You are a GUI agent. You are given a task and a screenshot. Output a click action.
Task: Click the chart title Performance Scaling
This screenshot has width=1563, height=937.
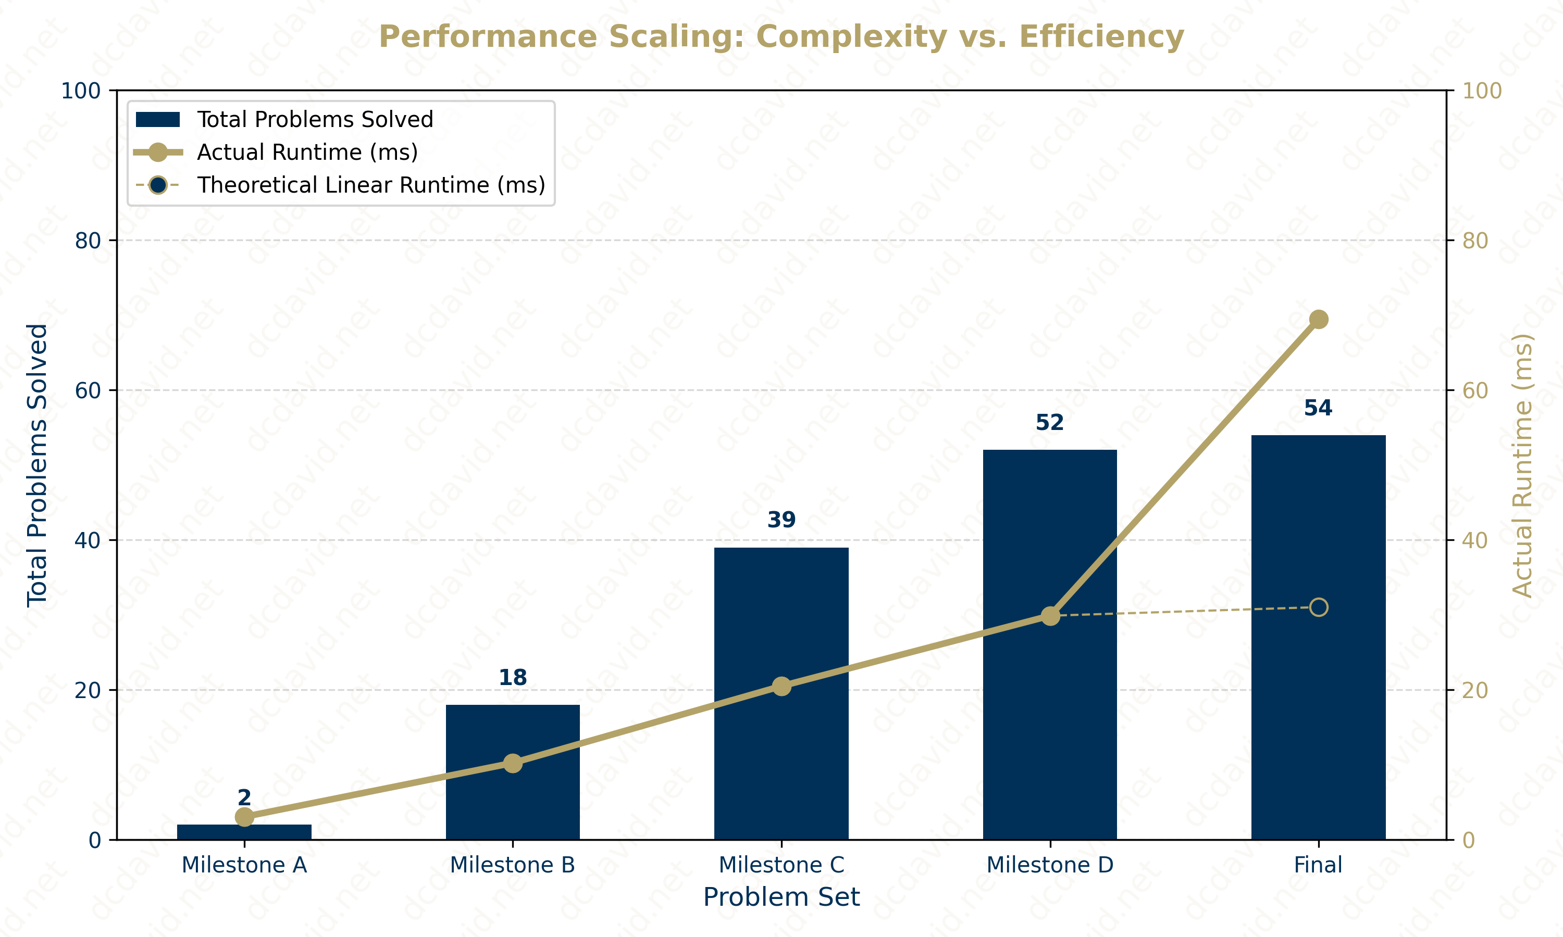coord(781,36)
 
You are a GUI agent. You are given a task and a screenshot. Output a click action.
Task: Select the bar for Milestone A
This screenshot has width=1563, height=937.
coord(244,832)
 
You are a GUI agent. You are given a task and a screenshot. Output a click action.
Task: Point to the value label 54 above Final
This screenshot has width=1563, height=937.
coord(1318,409)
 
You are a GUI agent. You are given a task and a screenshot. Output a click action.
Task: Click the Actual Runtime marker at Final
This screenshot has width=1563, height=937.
coord(1319,320)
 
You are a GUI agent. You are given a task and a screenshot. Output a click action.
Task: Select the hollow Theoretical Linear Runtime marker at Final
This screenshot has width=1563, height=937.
coord(1319,607)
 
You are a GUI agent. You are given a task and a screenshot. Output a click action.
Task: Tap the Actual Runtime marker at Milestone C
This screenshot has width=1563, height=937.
coord(781,686)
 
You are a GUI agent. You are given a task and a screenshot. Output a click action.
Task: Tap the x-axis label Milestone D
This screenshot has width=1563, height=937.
coord(1049,865)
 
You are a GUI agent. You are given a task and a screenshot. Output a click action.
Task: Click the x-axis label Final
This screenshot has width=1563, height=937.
coord(1318,865)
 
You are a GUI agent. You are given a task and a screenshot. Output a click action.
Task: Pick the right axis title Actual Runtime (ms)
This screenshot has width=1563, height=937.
coord(1522,465)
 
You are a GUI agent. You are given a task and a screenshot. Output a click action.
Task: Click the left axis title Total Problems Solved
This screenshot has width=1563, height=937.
coord(36,465)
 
